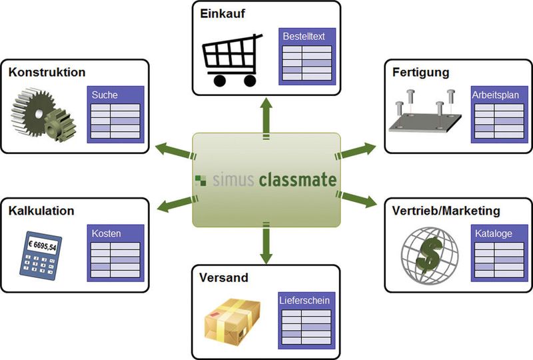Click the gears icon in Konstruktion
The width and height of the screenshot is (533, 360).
pos(44,115)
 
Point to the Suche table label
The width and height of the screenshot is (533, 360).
pos(105,95)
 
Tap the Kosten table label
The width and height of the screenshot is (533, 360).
pos(106,234)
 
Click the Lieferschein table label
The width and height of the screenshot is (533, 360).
pos(304,300)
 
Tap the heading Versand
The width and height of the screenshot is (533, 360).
pos(223,277)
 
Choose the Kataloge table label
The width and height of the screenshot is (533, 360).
pos(494,234)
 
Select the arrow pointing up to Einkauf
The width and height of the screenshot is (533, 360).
pos(266,113)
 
